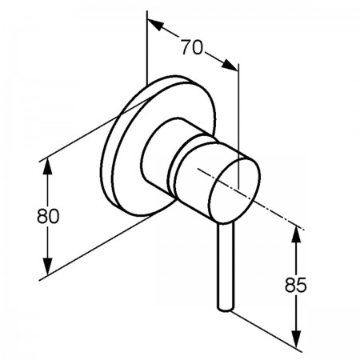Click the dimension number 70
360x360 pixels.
(x=192, y=47)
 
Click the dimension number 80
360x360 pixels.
(x=48, y=216)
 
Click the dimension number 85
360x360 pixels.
(x=296, y=285)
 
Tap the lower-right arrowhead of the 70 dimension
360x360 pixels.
(x=230, y=65)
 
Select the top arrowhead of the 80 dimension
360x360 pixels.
(x=47, y=166)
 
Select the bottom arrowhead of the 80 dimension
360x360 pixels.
(x=47, y=266)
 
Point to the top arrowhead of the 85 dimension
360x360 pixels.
(x=296, y=234)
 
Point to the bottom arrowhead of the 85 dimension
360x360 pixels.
(x=296, y=338)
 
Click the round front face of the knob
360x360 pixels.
(x=234, y=190)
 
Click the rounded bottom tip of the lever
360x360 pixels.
(x=225, y=309)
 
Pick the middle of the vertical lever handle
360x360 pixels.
(x=226, y=266)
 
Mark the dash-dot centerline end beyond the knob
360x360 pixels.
(x=302, y=229)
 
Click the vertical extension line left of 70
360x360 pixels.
(x=147, y=48)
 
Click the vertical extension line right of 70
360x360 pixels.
(x=238, y=126)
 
